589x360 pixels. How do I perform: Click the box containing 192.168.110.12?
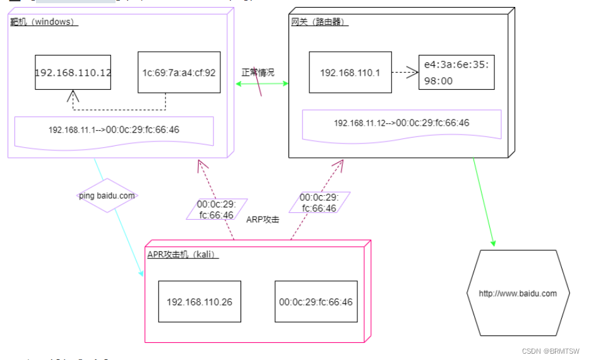(x=73, y=72)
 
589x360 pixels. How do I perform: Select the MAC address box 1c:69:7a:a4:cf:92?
(x=179, y=73)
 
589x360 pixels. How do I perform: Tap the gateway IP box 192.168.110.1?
(x=350, y=73)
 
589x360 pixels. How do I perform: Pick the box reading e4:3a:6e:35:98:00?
(x=456, y=72)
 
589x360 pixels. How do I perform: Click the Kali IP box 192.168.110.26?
(x=199, y=301)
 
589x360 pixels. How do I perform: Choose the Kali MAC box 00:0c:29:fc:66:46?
(x=316, y=301)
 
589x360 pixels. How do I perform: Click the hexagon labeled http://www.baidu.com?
(x=518, y=293)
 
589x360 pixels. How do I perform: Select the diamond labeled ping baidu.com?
(x=107, y=196)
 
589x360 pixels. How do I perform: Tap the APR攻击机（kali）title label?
(x=182, y=254)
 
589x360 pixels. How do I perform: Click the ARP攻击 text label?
(x=263, y=219)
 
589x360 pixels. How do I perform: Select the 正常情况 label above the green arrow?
(x=258, y=73)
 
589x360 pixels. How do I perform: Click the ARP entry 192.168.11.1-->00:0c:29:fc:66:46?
(x=114, y=130)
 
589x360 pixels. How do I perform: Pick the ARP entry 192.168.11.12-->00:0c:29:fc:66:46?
(x=402, y=123)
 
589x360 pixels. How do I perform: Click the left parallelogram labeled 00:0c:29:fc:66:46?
(x=215, y=210)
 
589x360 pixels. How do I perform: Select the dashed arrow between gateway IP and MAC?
(x=404, y=73)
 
